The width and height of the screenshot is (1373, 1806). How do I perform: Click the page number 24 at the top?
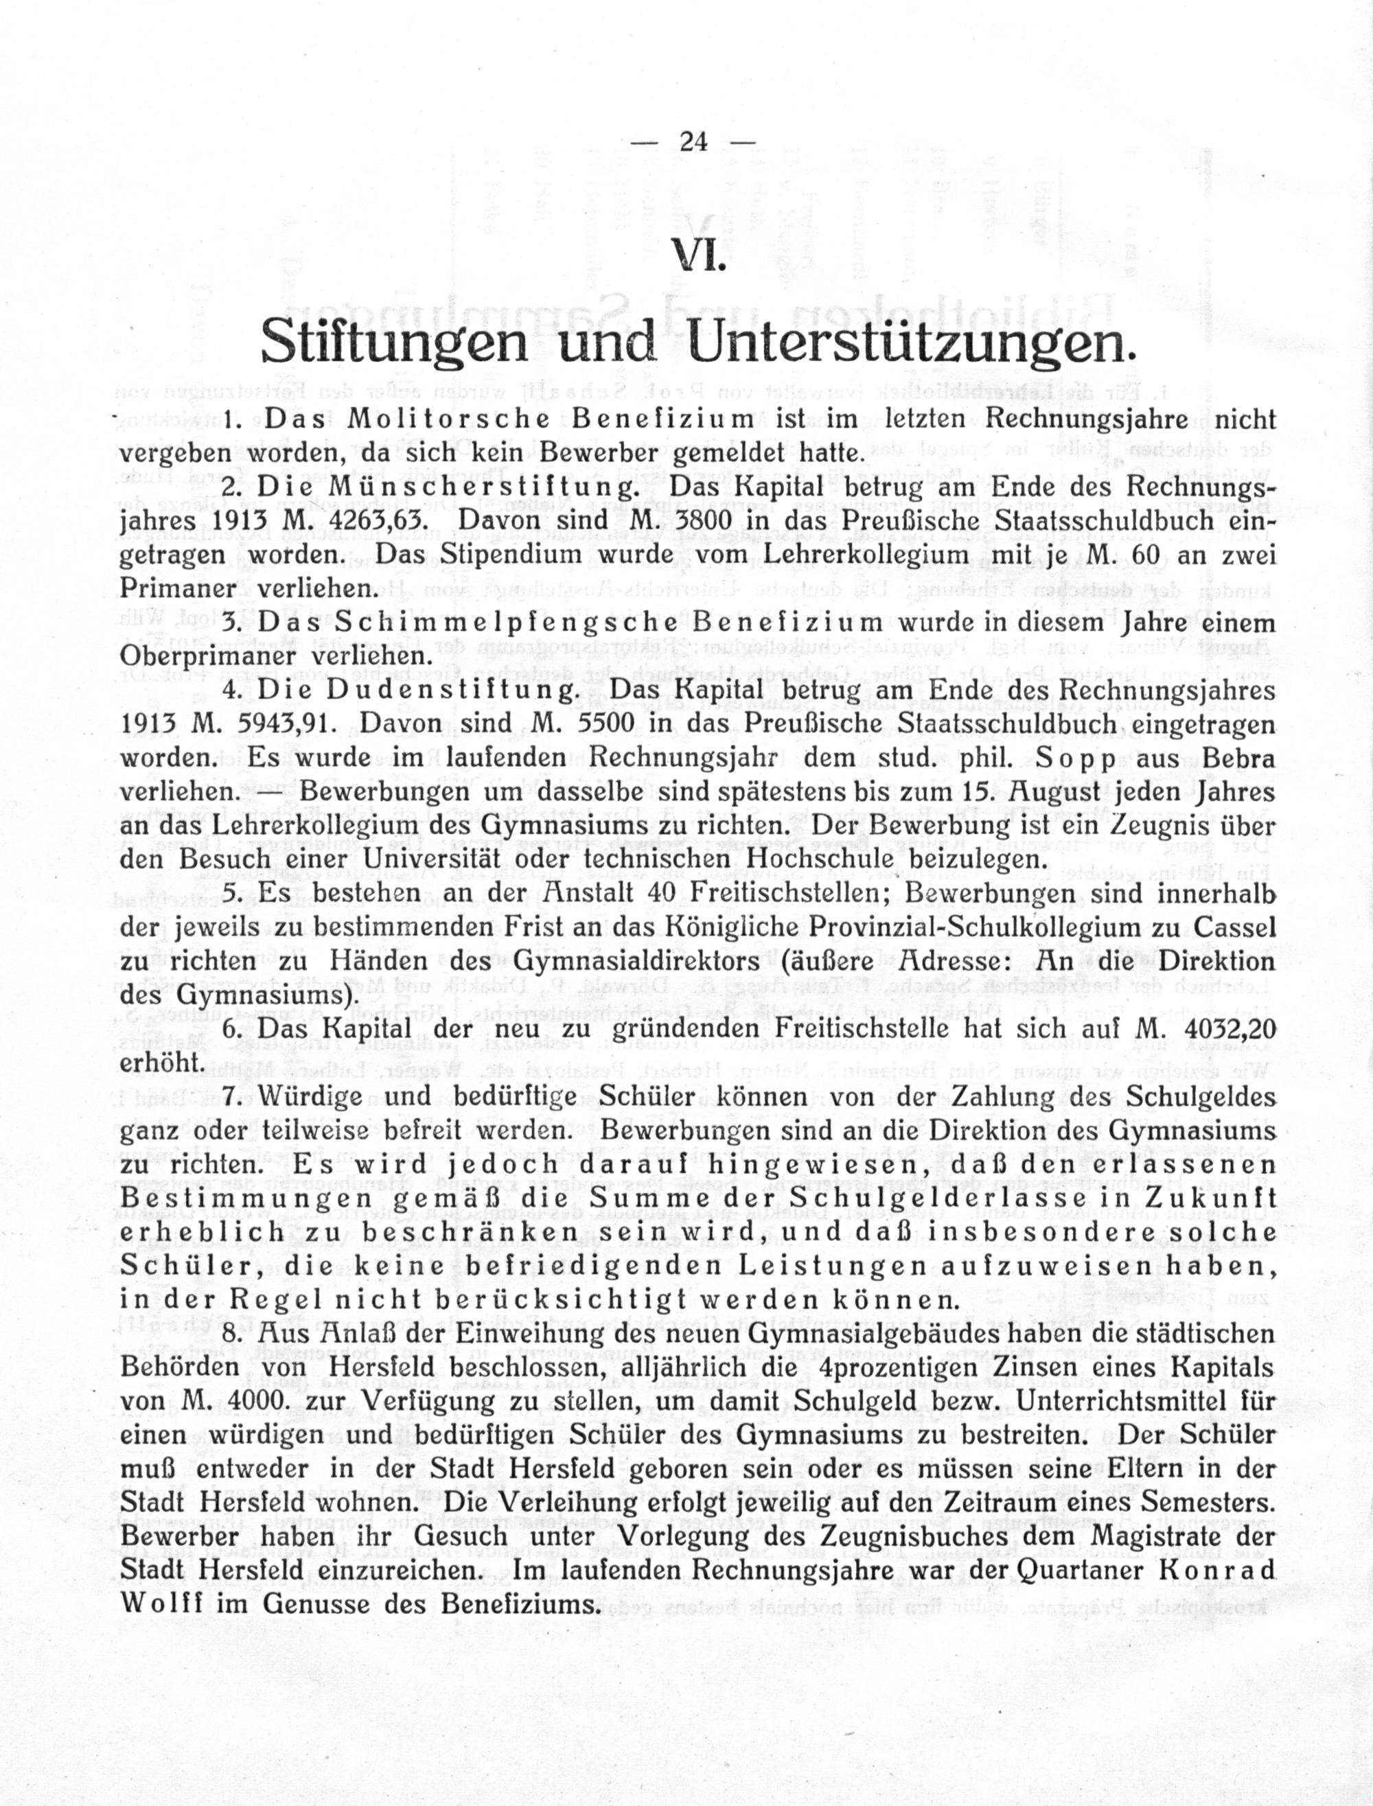point(693,142)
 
